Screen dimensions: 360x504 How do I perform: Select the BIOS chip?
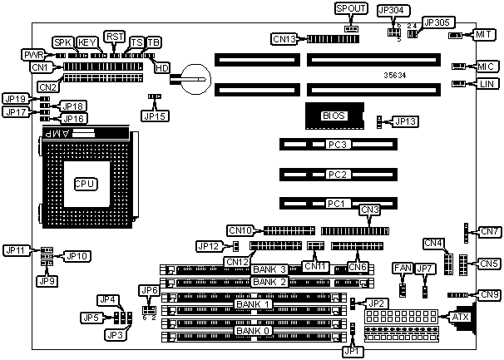pos(334,116)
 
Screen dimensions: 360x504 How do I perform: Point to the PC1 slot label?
pos(337,203)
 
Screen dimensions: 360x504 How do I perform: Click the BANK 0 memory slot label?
pos(253,332)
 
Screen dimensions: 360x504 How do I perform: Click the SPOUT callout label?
pos(350,8)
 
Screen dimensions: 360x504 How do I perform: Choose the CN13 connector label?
pos(285,37)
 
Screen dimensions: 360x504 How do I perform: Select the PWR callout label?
pos(34,54)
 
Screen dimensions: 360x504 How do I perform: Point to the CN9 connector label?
pos(490,294)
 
